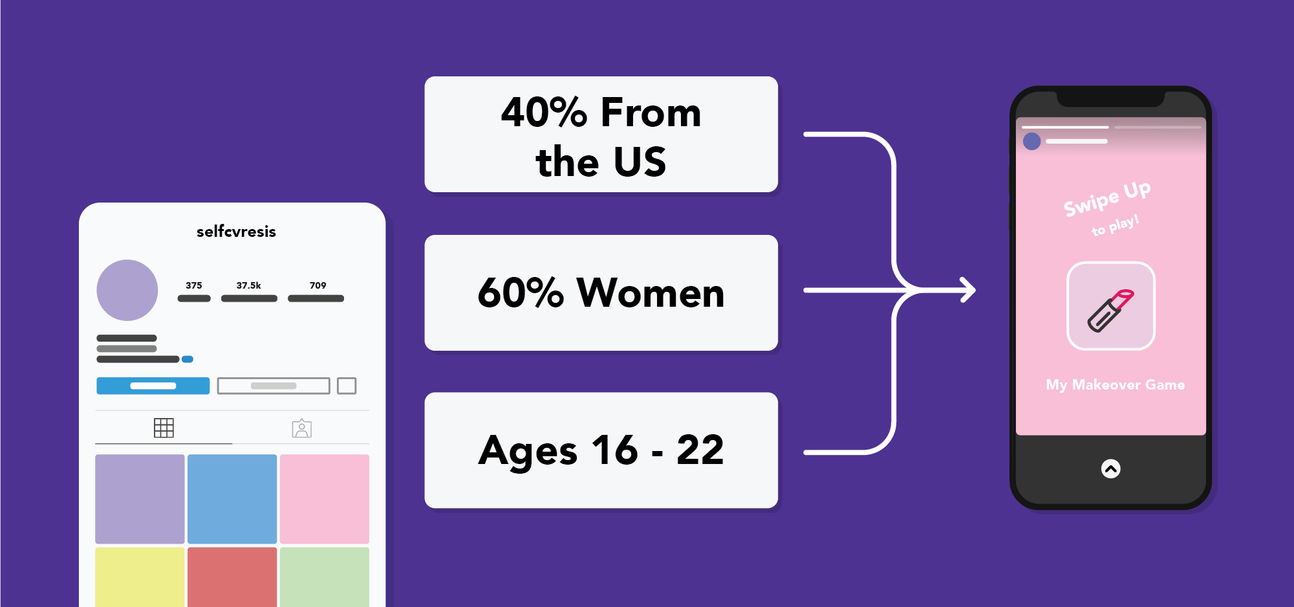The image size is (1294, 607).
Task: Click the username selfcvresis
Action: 236,231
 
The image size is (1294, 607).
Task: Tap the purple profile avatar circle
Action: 127,290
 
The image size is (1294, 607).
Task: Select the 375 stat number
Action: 194,285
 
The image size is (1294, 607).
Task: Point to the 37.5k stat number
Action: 249,285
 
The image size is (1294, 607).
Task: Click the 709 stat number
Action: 318,285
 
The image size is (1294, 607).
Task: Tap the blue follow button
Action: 153,386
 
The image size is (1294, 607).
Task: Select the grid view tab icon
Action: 164,428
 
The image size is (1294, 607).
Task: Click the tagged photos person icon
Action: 302,428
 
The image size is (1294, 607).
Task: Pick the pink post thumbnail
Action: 325,499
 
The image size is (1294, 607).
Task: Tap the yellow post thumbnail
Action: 140,577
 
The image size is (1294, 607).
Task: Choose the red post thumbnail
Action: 232,577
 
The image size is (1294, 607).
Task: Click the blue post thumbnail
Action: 232,499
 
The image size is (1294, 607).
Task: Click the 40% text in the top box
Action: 545,112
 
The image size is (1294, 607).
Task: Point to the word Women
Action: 651,292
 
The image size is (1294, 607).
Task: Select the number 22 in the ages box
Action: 700,450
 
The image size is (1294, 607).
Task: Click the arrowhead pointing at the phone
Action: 968,290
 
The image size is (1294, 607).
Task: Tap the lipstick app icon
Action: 1111,306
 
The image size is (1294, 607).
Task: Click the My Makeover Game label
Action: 1116,384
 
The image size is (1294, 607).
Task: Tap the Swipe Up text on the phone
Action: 1107,198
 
